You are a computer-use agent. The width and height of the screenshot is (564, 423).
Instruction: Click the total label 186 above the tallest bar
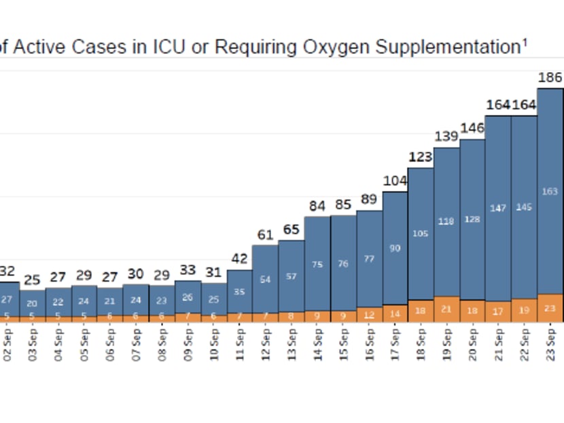pyautogui.click(x=550, y=78)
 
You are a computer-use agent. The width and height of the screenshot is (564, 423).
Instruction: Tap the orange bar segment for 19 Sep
pyautogui.click(x=446, y=309)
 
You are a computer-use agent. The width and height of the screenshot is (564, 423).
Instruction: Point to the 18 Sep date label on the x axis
pyautogui.click(x=421, y=343)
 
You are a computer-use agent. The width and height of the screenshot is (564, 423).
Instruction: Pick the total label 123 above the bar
pyautogui.click(x=421, y=157)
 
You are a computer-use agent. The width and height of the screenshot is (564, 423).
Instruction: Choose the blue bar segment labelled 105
pyautogui.click(x=421, y=233)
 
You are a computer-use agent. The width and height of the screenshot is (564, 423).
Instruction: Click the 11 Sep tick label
pyautogui.click(x=240, y=343)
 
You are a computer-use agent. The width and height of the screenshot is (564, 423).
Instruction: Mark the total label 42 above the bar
pyautogui.click(x=240, y=259)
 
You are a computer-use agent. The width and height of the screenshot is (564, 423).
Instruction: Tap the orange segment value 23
pyautogui.click(x=550, y=308)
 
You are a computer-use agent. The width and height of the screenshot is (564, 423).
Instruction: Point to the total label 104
pyautogui.click(x=395, y=181)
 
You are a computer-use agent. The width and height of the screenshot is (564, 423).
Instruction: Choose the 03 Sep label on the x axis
pyautogui.click(x=33, y=343)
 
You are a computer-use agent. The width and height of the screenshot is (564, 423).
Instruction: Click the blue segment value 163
pyautogui.click(x=550, y=191)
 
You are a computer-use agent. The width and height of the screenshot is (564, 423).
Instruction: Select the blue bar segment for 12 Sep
pyautogui.click(x=266, y=279)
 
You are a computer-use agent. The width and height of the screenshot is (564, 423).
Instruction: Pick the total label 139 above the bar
pyautogui.click(x=446, y=137)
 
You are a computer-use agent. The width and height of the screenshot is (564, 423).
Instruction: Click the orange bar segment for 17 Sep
pyautogui.click(x=395, y=313)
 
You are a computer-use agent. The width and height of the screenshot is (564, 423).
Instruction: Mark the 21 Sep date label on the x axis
pyautogui.click(x=499, y=343)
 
